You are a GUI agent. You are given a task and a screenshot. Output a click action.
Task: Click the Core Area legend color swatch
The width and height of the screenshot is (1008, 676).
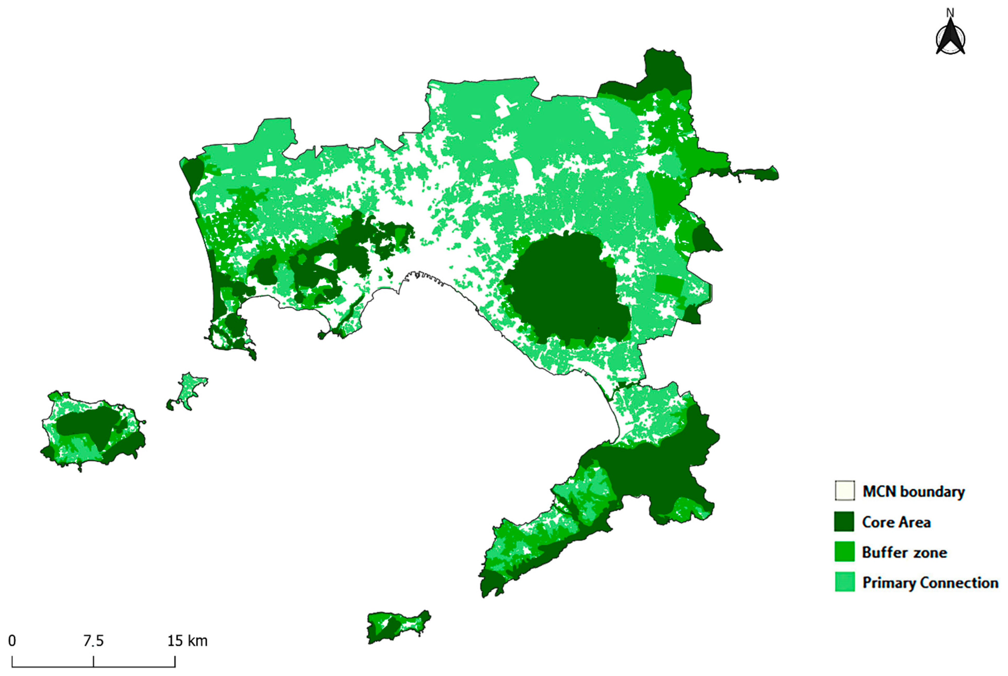pos(844,522)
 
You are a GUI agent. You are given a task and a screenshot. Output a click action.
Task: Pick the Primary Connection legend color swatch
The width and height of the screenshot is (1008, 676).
pos(844,582)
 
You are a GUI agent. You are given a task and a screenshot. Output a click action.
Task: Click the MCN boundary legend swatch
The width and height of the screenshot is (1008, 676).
pos(844,491)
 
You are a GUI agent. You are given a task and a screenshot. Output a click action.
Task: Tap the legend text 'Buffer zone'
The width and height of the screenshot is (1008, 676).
pos(904,552)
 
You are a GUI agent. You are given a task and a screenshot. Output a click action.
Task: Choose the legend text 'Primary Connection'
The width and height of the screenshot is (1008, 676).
pos(930,583)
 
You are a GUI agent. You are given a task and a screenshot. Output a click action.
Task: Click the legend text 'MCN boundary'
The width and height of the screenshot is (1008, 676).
pos(913,491)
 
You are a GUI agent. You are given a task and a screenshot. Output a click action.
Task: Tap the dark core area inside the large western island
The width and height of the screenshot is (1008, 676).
pos(86,425)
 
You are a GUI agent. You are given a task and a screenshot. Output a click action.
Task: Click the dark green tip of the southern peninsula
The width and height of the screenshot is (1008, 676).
pos(492,584)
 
